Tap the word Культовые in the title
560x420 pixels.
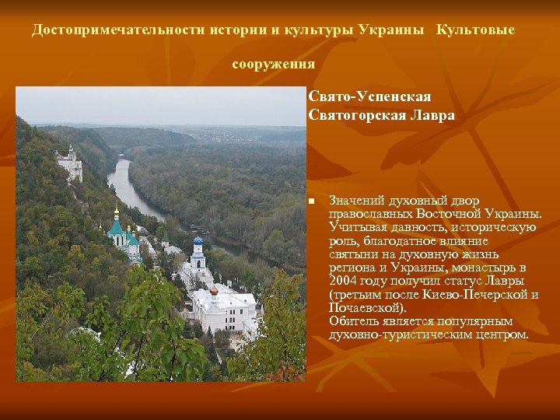(475, 30)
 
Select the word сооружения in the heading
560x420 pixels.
(273, 64)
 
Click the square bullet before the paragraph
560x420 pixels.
(311, 201)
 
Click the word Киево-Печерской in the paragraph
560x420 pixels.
(474, 294)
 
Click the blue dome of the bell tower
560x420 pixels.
(198, 241)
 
